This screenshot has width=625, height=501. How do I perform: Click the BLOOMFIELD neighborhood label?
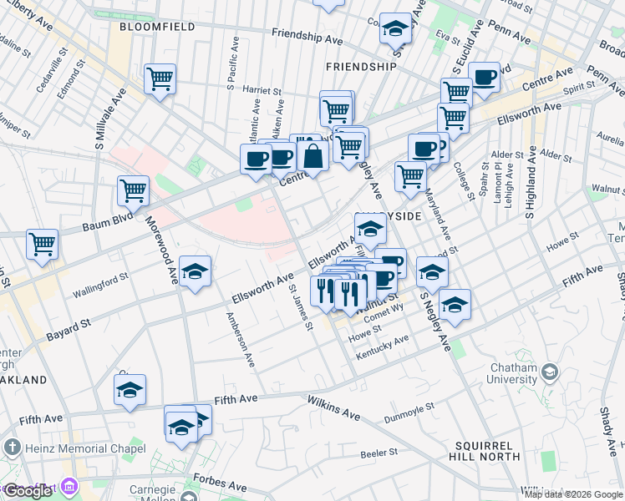click(x=157, y=27)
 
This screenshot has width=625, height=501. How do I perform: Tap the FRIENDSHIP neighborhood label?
click(x=361, y=66)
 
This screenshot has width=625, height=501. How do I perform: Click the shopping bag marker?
click(x=312, y=156)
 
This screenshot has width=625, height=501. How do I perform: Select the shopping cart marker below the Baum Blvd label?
click(x=41, y=244)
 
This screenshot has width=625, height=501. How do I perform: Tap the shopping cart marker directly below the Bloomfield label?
click(x=159, y=79)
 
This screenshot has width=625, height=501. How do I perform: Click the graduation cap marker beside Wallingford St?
click(x=195, y=271)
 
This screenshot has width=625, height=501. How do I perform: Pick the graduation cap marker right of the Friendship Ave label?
click(x=394, y=28)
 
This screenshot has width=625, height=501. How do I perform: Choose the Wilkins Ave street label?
click(x=333, y=408)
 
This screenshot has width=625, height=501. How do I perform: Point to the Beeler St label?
click(x=378, y=453)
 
